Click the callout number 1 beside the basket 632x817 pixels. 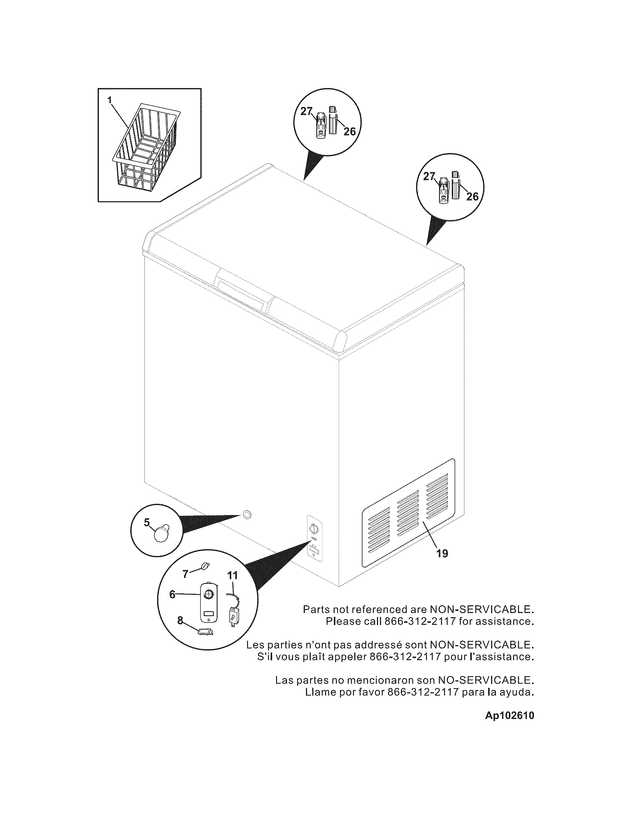click(x=109, y=100)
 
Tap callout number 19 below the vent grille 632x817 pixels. click(x=442, y=553)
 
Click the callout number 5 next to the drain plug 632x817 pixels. click(x=147, y=522)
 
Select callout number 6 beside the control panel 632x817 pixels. click(x=172, y=595)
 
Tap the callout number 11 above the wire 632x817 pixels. click(x=232, y=575)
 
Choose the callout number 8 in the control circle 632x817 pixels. click(x=180, y=621)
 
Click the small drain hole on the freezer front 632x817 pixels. click(x=247, y=515)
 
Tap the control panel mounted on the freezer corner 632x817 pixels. click(x=314, y=538)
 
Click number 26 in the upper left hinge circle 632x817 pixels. click(x=349, y=131)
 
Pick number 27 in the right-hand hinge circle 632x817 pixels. click(x=429, y=177)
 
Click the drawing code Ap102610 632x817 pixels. click(x=510, y=716)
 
